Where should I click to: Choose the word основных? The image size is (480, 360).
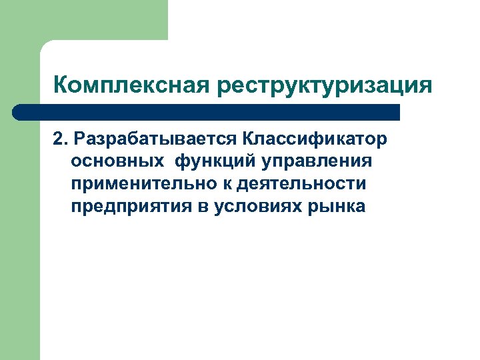[x=118, y=161]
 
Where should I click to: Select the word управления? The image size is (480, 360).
[x=317, y=161]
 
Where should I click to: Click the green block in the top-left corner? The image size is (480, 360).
[x=100, y=19]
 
